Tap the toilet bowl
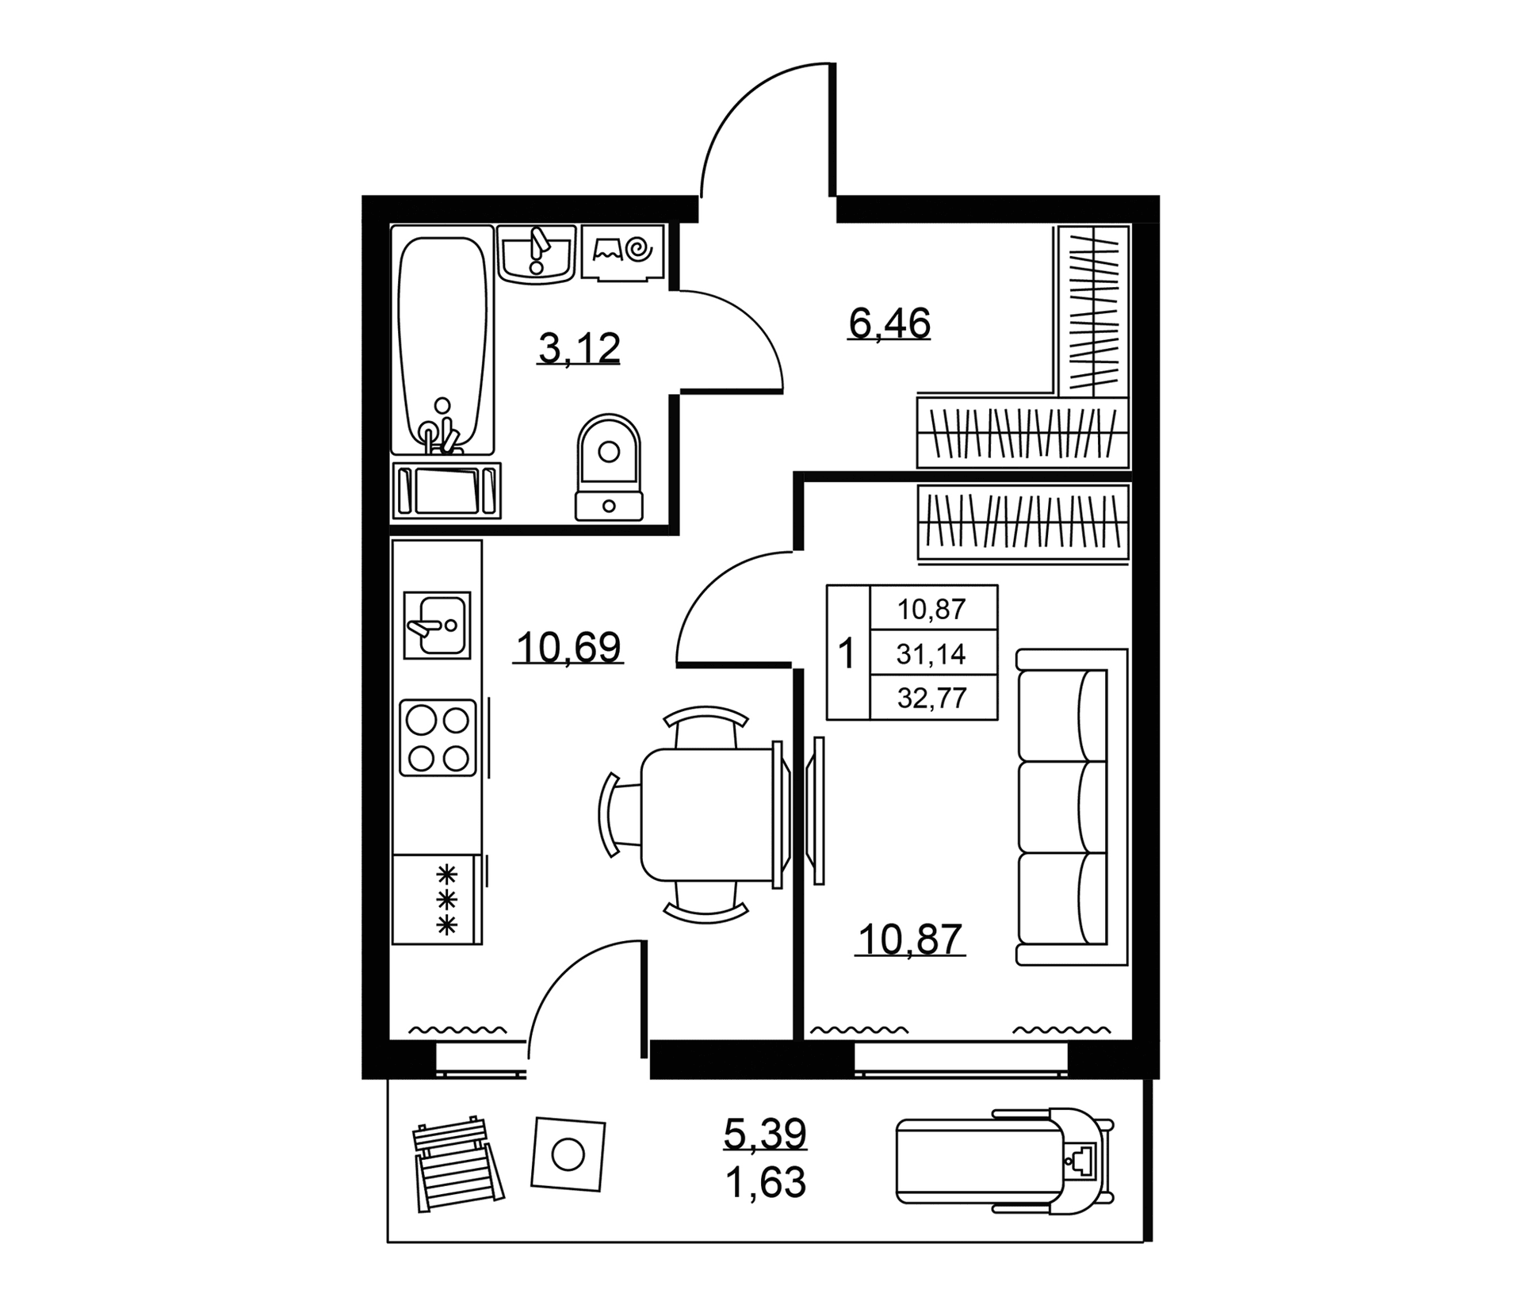[609, 467]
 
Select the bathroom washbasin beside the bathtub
[537, 253]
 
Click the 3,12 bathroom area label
[579, 348]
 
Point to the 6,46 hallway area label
[889, 323]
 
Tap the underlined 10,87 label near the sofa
[910, 940]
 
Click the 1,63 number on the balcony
[765, 1184]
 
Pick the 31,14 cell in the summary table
[931, 654]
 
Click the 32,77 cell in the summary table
[932, 698]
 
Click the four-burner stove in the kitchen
[438, 738]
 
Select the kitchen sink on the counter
[437, 625]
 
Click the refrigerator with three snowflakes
[437, 900]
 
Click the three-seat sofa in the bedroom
[1072, 807]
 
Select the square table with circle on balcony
[568, 1154]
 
